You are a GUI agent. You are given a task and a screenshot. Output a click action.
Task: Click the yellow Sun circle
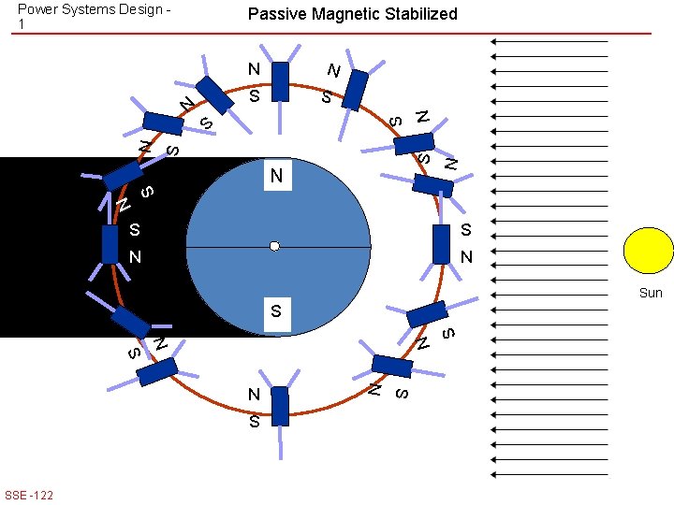coord(648,251)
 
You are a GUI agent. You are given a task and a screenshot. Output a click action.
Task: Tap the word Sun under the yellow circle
coord(650,293)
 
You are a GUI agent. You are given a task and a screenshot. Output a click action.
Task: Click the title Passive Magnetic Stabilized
coord(352,14)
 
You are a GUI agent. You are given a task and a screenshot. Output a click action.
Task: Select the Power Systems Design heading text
coord(94,9)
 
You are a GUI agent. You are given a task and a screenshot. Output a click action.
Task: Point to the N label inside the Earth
coord(276,176)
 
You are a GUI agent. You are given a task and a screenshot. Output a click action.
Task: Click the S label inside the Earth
coord(275,310)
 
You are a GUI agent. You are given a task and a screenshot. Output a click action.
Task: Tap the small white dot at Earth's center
coord(274,246)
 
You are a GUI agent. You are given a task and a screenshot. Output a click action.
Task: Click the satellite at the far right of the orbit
coord(442,244)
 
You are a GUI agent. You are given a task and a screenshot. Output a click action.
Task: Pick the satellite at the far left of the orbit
coord(110,244)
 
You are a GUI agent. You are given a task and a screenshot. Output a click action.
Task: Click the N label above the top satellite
coord(254,69)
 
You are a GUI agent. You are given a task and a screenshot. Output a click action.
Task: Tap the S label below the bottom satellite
coord(254,423)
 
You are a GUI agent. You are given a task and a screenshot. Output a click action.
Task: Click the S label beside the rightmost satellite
coord(465,230)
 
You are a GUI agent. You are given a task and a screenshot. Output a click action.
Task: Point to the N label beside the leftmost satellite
coord(135,256)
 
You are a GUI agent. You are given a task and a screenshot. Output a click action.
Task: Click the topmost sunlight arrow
coord(549,42)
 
